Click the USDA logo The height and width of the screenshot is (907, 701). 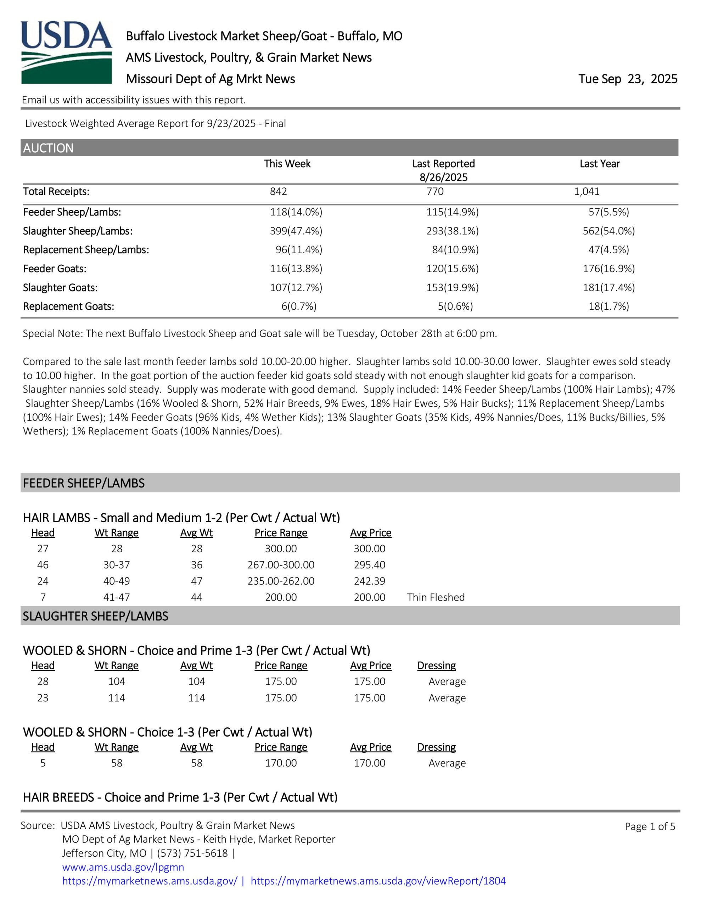[67, 52]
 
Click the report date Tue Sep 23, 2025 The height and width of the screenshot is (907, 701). [627, 79]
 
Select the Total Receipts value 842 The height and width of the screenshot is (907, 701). [279, 191]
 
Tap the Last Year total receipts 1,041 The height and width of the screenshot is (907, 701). [587, 191]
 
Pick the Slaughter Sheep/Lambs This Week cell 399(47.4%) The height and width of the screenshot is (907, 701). [296, 231]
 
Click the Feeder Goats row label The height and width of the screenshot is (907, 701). [55, 269]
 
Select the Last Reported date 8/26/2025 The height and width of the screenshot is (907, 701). [443, 178]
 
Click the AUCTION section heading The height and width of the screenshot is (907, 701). [48, 148]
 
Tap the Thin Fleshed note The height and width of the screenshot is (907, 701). [436, 597]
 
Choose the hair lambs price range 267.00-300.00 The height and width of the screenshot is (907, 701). [281, 565]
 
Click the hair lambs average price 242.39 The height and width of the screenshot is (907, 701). [369, 581]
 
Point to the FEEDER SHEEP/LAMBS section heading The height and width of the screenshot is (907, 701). [84, 483]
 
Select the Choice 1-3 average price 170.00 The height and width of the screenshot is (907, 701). [369, 763]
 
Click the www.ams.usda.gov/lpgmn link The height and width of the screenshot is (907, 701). [123, 867]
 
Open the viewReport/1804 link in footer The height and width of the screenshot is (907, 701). [378, 881]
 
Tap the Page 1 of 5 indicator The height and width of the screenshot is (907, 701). [650, 827]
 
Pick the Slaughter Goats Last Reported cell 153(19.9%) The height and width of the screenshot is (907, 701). [452, 287]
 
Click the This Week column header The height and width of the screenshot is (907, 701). [287, 164]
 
